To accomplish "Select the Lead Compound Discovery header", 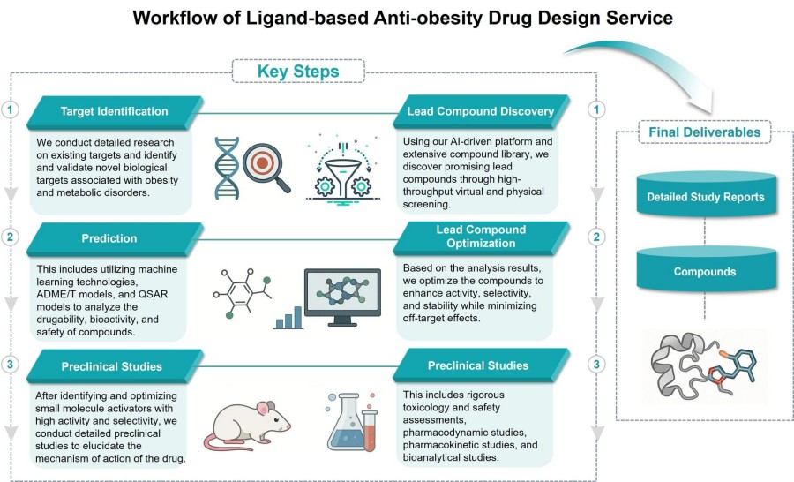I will [x=480, y=112].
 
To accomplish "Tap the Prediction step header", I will [x=111, y=238].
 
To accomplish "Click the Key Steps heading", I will [x=298, y=71].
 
